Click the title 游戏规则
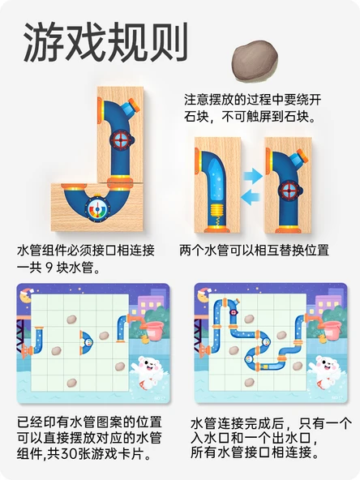(x=106, y=42)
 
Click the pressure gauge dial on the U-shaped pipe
(x=97, y=209)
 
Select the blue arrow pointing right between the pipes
(x=253, y=176)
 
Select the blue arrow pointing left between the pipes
(x=251, y=197)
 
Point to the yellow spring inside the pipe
(x=218, y=212)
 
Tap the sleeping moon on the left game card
(x=26, y=295)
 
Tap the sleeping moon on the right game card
(x=203, y=295)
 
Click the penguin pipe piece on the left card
(x=86, y=342)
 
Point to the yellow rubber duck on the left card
(x=144, y=340)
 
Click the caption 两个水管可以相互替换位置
(x=254, y=250)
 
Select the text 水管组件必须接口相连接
(x=86, y=251)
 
